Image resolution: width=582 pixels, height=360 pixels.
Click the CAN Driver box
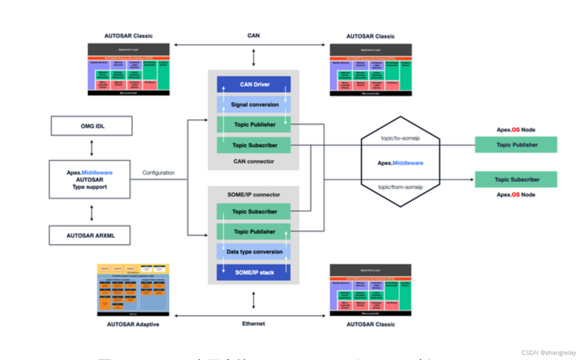click(x=254, y=84)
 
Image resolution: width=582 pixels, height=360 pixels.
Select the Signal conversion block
click(x=254, y=104)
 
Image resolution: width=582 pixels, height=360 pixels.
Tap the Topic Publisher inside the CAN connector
click(x=254, y=125)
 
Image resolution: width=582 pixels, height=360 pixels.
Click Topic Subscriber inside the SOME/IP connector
click(x=254, y=211)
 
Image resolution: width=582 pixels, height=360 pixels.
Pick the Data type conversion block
click(x=254, y=252)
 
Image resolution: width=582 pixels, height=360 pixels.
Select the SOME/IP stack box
click(x=254, y=272)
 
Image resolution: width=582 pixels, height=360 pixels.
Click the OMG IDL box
click(x=91, y=126)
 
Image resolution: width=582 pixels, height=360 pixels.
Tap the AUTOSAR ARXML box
click(x=90, y=235)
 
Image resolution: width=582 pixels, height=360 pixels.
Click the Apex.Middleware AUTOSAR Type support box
click(x=89, y=180)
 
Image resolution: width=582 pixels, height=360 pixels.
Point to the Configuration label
click(x=159, y=173)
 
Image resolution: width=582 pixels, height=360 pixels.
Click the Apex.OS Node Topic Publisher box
click(x=516, y=145)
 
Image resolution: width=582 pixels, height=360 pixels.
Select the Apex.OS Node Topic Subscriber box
click(x=516, y=179)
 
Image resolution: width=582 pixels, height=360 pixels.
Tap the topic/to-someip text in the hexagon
click(x=400, y=138)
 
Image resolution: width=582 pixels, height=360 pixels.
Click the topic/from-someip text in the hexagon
click(x=400, y=187)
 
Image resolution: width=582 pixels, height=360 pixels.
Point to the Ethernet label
click(x=253, y=324)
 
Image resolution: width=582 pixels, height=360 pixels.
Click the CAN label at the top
click(x=253, y=36)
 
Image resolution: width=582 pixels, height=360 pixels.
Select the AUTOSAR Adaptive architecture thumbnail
click(x=133, y=290)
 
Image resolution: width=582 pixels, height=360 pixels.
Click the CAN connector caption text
click(x=254, y=161)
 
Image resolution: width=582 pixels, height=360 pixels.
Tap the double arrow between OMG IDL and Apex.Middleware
click(x=91, y=148)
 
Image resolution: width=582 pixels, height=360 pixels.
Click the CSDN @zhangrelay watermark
click(x=548, y=353)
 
